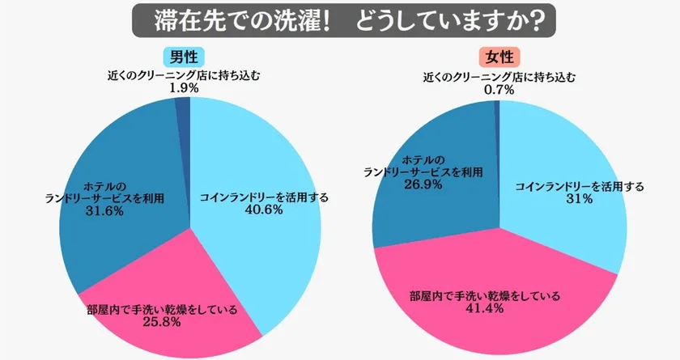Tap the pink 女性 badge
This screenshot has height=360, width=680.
499,57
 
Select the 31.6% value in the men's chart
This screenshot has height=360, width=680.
103,213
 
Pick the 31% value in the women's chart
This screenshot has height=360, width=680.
580,200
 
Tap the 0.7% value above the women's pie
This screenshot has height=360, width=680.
499,90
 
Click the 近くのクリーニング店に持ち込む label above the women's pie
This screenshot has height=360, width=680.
499,78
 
